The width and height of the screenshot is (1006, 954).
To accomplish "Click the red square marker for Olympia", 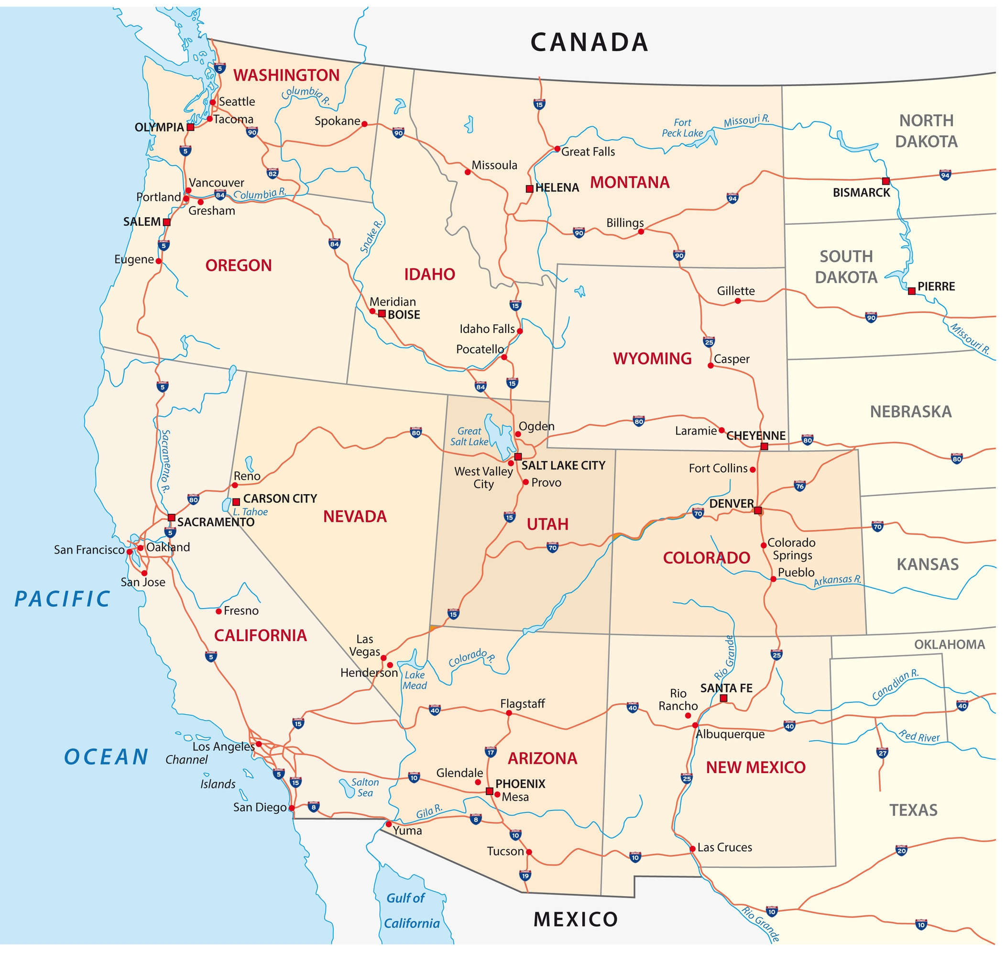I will point(190,127).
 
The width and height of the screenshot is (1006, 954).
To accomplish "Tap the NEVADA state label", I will point(355,517).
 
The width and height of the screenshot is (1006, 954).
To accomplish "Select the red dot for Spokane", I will point(364,124).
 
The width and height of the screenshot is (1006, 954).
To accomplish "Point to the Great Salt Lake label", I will point(469,437).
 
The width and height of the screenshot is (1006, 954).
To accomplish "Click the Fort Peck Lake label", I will point(682,128).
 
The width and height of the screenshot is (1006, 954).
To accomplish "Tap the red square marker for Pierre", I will point(911,291).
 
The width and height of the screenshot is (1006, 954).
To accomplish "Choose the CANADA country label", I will point(589,42).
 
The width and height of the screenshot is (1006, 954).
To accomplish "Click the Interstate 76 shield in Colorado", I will point(800,486).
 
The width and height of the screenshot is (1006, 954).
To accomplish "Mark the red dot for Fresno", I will point(219,611).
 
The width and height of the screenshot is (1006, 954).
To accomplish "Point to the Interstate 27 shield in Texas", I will point(883,753).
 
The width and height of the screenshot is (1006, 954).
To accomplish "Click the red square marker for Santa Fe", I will point(723,698).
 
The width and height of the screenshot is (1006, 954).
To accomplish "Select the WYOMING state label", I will point(652,358).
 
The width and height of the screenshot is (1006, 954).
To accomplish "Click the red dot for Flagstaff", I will point(509,713).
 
